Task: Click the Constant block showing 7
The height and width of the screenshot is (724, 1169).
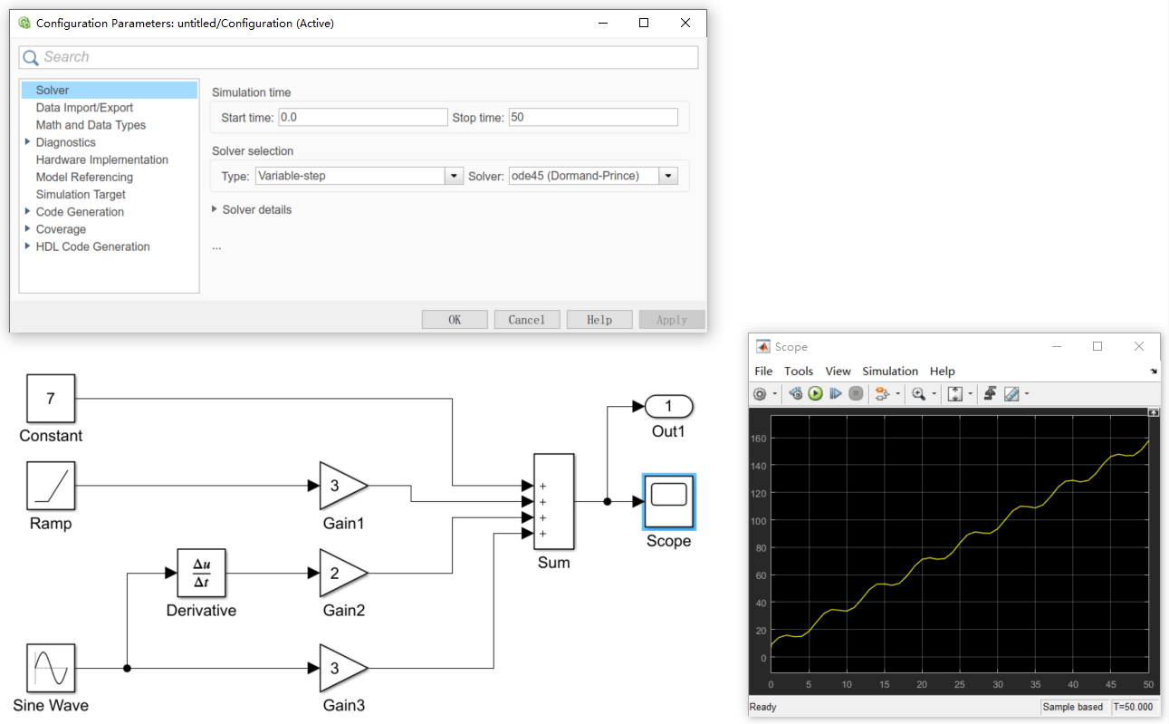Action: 51,399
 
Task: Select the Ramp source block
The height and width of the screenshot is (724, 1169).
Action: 51,486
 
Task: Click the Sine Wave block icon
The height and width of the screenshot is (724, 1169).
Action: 51,669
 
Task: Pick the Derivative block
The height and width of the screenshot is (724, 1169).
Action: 201,574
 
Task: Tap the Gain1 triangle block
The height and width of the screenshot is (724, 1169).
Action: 340,487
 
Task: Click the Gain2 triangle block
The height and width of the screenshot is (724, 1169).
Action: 340,573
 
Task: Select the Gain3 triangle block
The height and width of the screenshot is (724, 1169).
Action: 340,669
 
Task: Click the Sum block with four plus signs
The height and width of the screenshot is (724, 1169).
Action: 553,502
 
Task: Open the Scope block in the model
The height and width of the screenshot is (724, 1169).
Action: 668,501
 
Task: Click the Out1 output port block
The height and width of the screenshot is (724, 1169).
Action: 668,406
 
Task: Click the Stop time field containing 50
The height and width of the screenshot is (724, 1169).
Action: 593,118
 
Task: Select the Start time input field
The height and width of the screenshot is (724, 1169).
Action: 362,118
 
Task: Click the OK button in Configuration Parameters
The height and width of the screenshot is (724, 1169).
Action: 455,320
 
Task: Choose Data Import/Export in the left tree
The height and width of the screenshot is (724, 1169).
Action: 84,108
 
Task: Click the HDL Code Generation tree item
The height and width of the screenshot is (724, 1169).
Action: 92,246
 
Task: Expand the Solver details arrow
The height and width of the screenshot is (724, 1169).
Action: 216,209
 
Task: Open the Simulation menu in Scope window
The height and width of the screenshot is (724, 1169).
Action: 889,372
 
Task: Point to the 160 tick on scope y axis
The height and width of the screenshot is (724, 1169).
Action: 759,439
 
